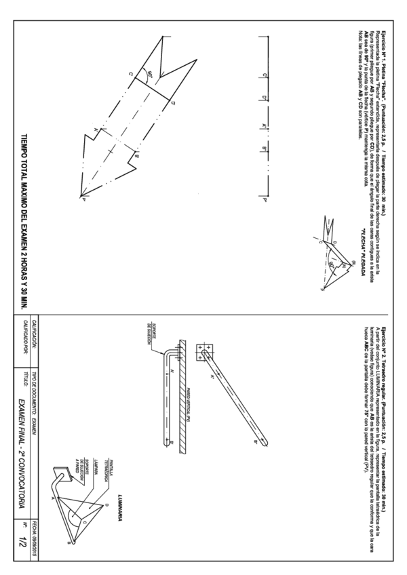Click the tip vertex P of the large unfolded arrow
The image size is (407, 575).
tap(84, 199)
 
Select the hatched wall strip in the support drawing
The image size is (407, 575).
tap(179, 400)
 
